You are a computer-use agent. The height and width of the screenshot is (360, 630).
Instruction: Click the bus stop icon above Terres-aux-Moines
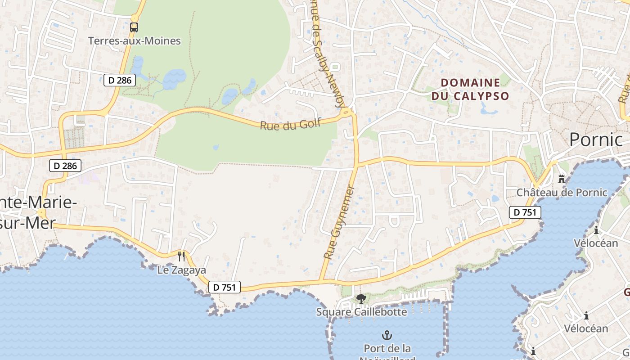click(134, 27)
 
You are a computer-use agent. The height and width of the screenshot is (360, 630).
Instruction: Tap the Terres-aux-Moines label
click(134, 41)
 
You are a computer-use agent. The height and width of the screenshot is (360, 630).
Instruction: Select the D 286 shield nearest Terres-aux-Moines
click(120, 80)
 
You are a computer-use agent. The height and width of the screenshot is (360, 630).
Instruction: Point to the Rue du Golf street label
click(290, 123)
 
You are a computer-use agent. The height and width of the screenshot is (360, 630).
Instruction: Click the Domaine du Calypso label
click(470, 89)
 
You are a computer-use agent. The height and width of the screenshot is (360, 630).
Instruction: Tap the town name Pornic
click(595, 139)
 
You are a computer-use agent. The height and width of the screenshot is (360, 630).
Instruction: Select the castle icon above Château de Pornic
click(561, 179)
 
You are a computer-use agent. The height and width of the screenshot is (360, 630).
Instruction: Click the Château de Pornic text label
click(562, 193)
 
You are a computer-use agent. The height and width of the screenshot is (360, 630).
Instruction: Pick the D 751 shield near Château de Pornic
click(525, 212)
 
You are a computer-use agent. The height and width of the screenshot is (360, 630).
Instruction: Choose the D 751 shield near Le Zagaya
click(225, 287)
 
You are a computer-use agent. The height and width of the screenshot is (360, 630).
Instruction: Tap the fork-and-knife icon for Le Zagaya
click(181, 256)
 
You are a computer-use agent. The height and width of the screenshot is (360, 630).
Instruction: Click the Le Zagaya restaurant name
click(181, 270)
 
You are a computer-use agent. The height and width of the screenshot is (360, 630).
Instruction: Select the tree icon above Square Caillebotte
click(361, 298)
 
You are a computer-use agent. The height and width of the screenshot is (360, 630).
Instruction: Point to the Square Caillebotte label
click(361, 312)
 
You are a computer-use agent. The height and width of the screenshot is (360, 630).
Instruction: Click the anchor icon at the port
click(387, 335)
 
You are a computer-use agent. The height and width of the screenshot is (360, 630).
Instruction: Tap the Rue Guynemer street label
click(339, 222)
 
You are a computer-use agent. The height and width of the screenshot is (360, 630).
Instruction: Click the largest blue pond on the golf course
click(174, 79)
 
